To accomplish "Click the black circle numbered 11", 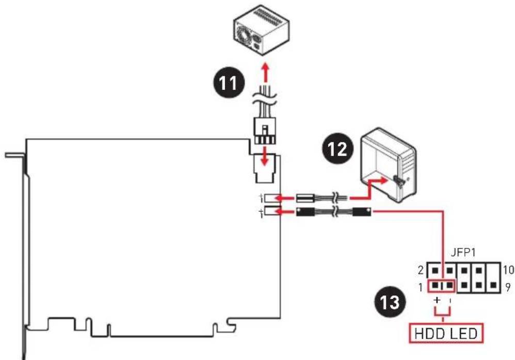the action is [228, 83].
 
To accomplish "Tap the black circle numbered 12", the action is [338, 149].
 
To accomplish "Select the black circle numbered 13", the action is [391, 301].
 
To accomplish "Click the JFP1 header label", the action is [463, 253].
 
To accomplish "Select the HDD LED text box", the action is [446, 333].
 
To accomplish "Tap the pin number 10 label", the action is [508, 270].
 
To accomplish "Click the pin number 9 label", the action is [508, 287].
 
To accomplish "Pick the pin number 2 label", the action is [421, 270].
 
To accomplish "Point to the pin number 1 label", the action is [421, 288].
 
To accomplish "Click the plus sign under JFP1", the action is [437, 300].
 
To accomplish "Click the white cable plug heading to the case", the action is [305, 198].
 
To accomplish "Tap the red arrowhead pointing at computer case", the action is [382, 180].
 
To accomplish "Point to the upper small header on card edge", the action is [272, 198].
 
